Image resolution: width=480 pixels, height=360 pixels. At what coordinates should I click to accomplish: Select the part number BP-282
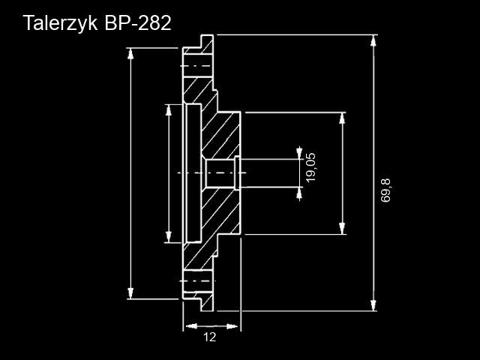coord(138,23)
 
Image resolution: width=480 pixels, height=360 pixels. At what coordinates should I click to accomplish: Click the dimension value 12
coord(209,337)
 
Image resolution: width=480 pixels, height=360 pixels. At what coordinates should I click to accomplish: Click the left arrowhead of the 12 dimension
coord(189,326)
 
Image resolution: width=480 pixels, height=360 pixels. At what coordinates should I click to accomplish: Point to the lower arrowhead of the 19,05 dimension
coord(300,194)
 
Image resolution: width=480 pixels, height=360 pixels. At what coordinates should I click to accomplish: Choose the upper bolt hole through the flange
coord(197,67)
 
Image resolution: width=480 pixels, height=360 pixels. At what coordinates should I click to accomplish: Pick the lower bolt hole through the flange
coord(197,280)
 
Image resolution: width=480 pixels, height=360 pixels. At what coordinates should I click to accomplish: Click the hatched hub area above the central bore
coord(221,135)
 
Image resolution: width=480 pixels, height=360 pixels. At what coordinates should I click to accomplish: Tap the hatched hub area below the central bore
coord(221,214)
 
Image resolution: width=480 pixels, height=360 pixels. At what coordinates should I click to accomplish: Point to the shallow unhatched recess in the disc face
coord(192,173)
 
